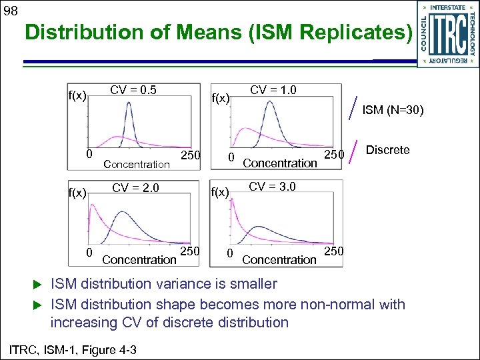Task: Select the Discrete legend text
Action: [x=388, y=150]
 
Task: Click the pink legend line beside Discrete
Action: [x=356, y=149]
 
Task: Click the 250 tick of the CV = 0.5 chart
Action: [x=191, y=155]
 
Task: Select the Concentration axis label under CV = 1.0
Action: [x=279, y=163]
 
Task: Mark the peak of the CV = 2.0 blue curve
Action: [x=122, y=213]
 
